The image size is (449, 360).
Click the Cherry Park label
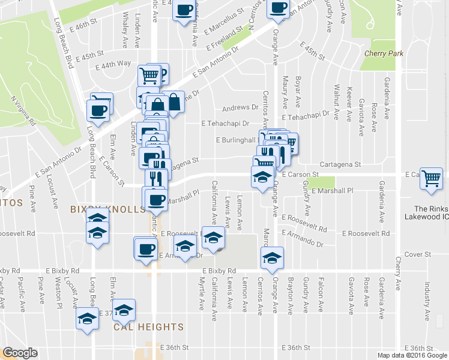click(x=384, y=53)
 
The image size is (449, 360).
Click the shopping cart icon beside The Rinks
click(x=432, y=179)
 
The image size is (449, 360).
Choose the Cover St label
click(x=418, y=254)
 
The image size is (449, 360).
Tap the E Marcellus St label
click(x=224, y=20)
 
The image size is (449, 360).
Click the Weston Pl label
click(x=59, y=289)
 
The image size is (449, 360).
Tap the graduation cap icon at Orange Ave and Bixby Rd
click(x=272, y=259)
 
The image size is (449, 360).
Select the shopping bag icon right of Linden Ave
click(x=173, y=103)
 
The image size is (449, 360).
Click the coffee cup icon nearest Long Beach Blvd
click(x=98, y=110)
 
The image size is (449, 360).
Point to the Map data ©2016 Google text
click(x=412, y=355)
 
